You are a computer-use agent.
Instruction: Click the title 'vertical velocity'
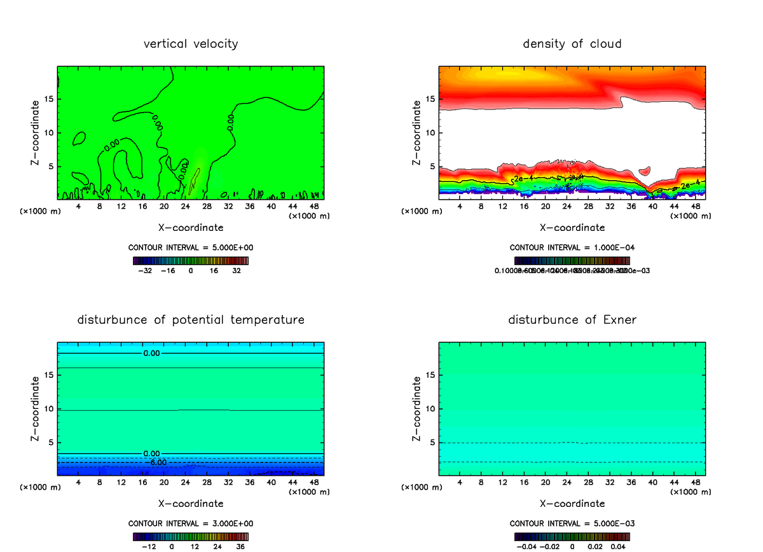click(191, 44)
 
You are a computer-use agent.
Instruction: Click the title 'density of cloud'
click(572, 44)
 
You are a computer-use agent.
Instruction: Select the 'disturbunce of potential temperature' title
click(191, 319)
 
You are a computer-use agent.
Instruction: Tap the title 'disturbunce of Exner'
click(572, 319)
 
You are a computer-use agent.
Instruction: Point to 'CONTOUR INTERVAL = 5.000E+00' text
click(191, 247)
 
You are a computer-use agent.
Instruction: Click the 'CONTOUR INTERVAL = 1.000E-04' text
click(572, 247)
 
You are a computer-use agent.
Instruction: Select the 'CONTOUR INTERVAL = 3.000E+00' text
click(191, 523)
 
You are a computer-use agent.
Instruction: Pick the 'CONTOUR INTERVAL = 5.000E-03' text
click(572, 523)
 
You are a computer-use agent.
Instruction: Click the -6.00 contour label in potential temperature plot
click(154, 462)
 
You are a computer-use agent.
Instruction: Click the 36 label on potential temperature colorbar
click(241, 546)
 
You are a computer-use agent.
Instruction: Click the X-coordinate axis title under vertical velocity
click(191, 227)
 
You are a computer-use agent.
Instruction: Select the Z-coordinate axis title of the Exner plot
click(416, 408)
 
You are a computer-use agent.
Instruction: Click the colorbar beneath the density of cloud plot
click(572, 260)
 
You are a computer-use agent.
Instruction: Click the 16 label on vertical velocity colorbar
click(214, 270)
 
